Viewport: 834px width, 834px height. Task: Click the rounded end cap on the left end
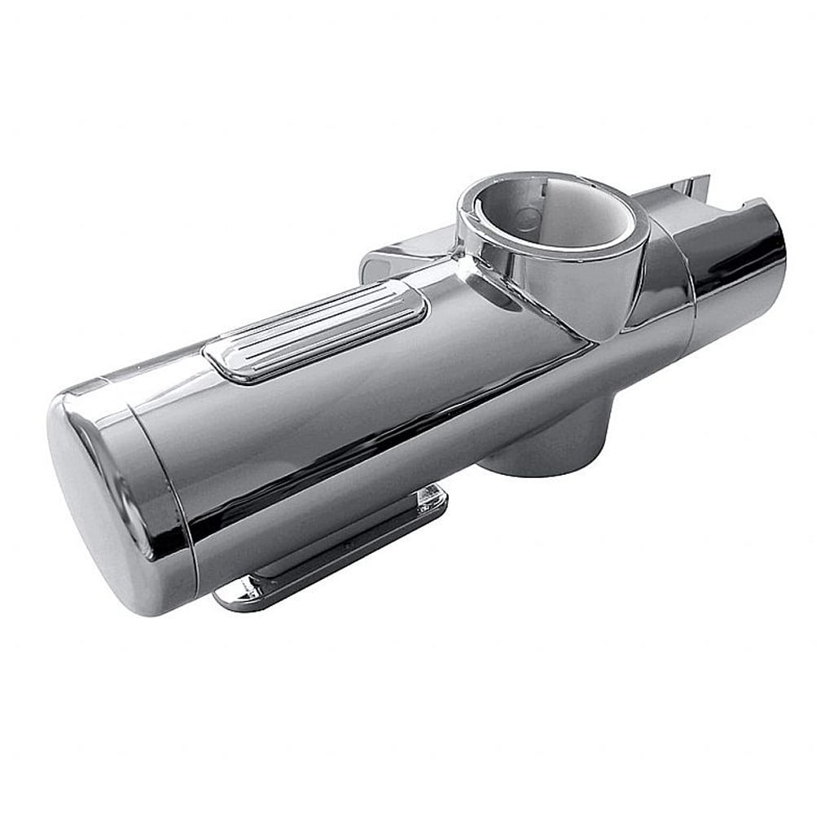click(98, 497)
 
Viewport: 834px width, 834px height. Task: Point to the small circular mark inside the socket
click(528, 218)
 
